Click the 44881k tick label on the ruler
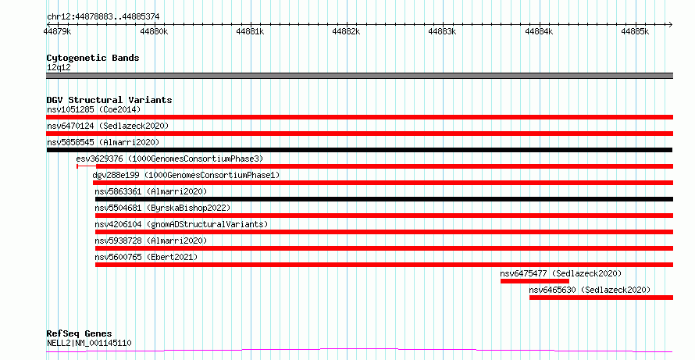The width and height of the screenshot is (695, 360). pos(251,31)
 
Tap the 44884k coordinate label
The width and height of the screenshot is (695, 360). pos(539,31)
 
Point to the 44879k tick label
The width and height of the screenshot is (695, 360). pos(58,31)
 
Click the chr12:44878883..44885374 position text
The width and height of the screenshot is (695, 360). pos(103,17)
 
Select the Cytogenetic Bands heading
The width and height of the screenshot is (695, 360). pos(93,58)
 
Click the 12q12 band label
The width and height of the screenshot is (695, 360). pos(59,68)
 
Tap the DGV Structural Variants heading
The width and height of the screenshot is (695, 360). pos(109,100)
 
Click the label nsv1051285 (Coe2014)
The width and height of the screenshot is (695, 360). pos(94,109)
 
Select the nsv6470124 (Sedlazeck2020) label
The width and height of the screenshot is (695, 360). pos(108,126)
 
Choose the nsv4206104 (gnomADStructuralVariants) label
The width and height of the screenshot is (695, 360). pos(181,224)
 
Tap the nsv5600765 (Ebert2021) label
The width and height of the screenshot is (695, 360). pos(146,257)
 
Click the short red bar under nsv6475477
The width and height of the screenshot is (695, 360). pos(535,281)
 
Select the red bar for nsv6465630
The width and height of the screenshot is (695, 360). pos(601,298)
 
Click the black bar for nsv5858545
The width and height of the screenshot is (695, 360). pos(359,150)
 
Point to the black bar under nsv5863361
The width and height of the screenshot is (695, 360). pos(384,199)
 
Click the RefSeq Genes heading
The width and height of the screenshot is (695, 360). pos(80,333)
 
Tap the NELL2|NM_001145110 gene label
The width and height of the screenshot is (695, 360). pos(89,343)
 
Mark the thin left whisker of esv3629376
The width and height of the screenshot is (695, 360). pos(87,166)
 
